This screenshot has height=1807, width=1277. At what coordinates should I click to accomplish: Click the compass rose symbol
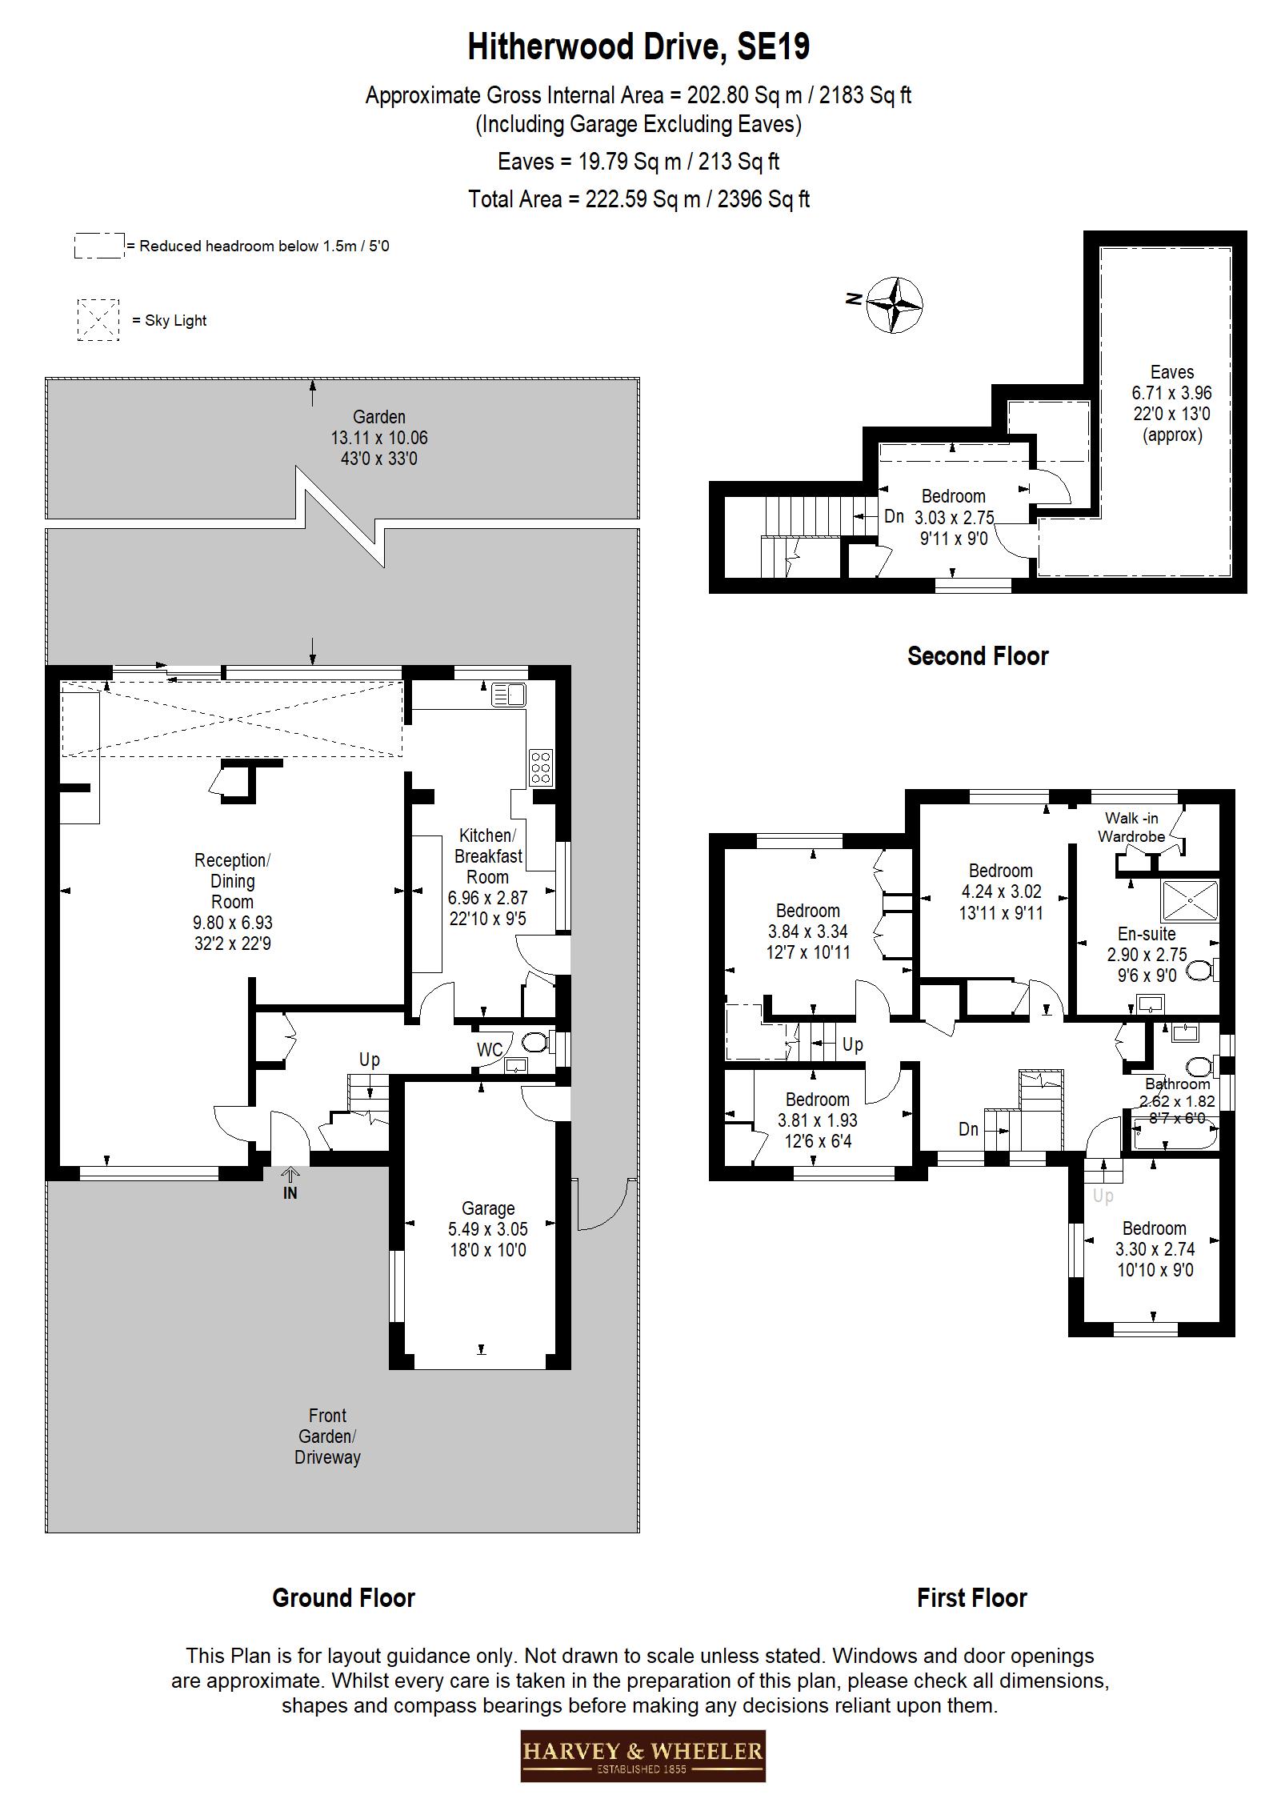(x=895, y=304)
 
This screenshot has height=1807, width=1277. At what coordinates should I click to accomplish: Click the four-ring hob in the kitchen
(x=540, y=767)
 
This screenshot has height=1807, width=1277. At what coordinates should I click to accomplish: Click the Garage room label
(x=488, y=1208)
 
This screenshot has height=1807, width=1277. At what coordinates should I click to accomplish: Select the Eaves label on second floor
(x=1171, y=372)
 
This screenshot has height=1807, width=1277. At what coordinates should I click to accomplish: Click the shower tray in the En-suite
(x=1191, y=902)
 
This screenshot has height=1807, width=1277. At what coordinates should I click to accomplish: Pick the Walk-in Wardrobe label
(x=1131, y=827)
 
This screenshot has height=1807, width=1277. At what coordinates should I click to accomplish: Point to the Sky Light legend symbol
(x=98, y=320)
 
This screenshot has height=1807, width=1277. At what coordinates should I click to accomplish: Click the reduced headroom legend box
(x=99, y=246)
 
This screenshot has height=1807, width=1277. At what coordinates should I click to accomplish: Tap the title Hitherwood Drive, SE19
(x=638, y=47)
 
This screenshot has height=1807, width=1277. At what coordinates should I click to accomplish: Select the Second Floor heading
(x=977, y=656)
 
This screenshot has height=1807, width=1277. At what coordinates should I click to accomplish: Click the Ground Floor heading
(x=343, y=1597)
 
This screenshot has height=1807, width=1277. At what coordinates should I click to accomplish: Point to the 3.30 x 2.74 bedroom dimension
(x=1155, y=1249)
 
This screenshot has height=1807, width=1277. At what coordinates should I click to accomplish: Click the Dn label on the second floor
(x=894, y=517)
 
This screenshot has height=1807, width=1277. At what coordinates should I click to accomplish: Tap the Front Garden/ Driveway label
(x=327, y=1436)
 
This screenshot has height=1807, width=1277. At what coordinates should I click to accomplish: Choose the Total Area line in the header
(x=638, y=199)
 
